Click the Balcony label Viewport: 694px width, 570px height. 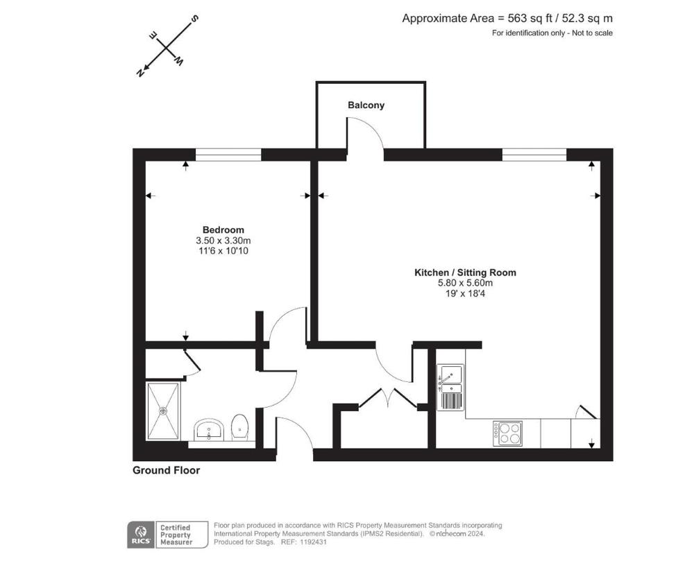click(x=366, y=105)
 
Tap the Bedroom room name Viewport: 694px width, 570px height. click(x=223, y=230)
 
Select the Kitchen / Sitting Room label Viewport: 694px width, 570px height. click(x=465, y=273)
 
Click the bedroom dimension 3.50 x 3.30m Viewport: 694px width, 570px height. click(x=223, y=241)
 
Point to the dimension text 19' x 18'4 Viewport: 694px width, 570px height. click(x=465, y=293)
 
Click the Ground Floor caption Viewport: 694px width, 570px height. click(x=166, y=470)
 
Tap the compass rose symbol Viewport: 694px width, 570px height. click(x=167, y=47)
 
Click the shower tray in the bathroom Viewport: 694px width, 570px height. click(x=163, y=411)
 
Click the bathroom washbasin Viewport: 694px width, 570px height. click(x=209, y=431)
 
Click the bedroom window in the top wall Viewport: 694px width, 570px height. click(x=228, y=154)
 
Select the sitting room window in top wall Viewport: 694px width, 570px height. click(x=534, y=154)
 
